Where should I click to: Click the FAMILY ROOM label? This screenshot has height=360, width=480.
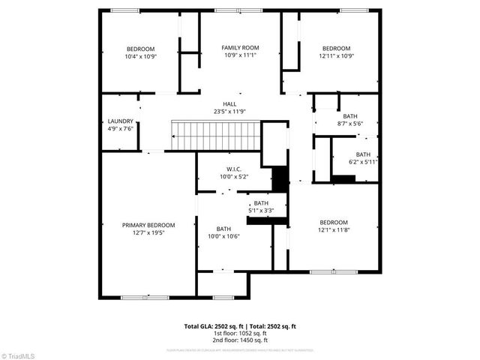coord(239,48)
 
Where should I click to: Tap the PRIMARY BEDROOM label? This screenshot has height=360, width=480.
coord(148,225)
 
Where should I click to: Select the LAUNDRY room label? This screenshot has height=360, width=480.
coord(120,121)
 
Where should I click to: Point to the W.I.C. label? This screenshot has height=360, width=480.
coord(233,169)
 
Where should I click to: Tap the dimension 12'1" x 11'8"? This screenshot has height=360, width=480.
coord(334,230)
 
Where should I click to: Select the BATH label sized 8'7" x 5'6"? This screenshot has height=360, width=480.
coord(350,116)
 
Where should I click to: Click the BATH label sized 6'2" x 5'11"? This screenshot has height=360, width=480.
coord(363,154)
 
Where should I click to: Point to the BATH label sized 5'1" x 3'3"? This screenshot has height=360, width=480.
coord(260,203)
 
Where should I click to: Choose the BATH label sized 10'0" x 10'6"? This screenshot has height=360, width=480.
coord(223,229)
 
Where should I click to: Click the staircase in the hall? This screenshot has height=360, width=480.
coord(216,136)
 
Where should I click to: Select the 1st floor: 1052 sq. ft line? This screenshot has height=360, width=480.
coord(240,334)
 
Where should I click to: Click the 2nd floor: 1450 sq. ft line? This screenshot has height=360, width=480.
coord(240,340)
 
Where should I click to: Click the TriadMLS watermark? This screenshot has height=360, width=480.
coord(19,355)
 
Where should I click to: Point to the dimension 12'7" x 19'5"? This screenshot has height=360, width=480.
coord(148,232)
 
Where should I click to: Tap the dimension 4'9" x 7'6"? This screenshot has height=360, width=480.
coord(120,128)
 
